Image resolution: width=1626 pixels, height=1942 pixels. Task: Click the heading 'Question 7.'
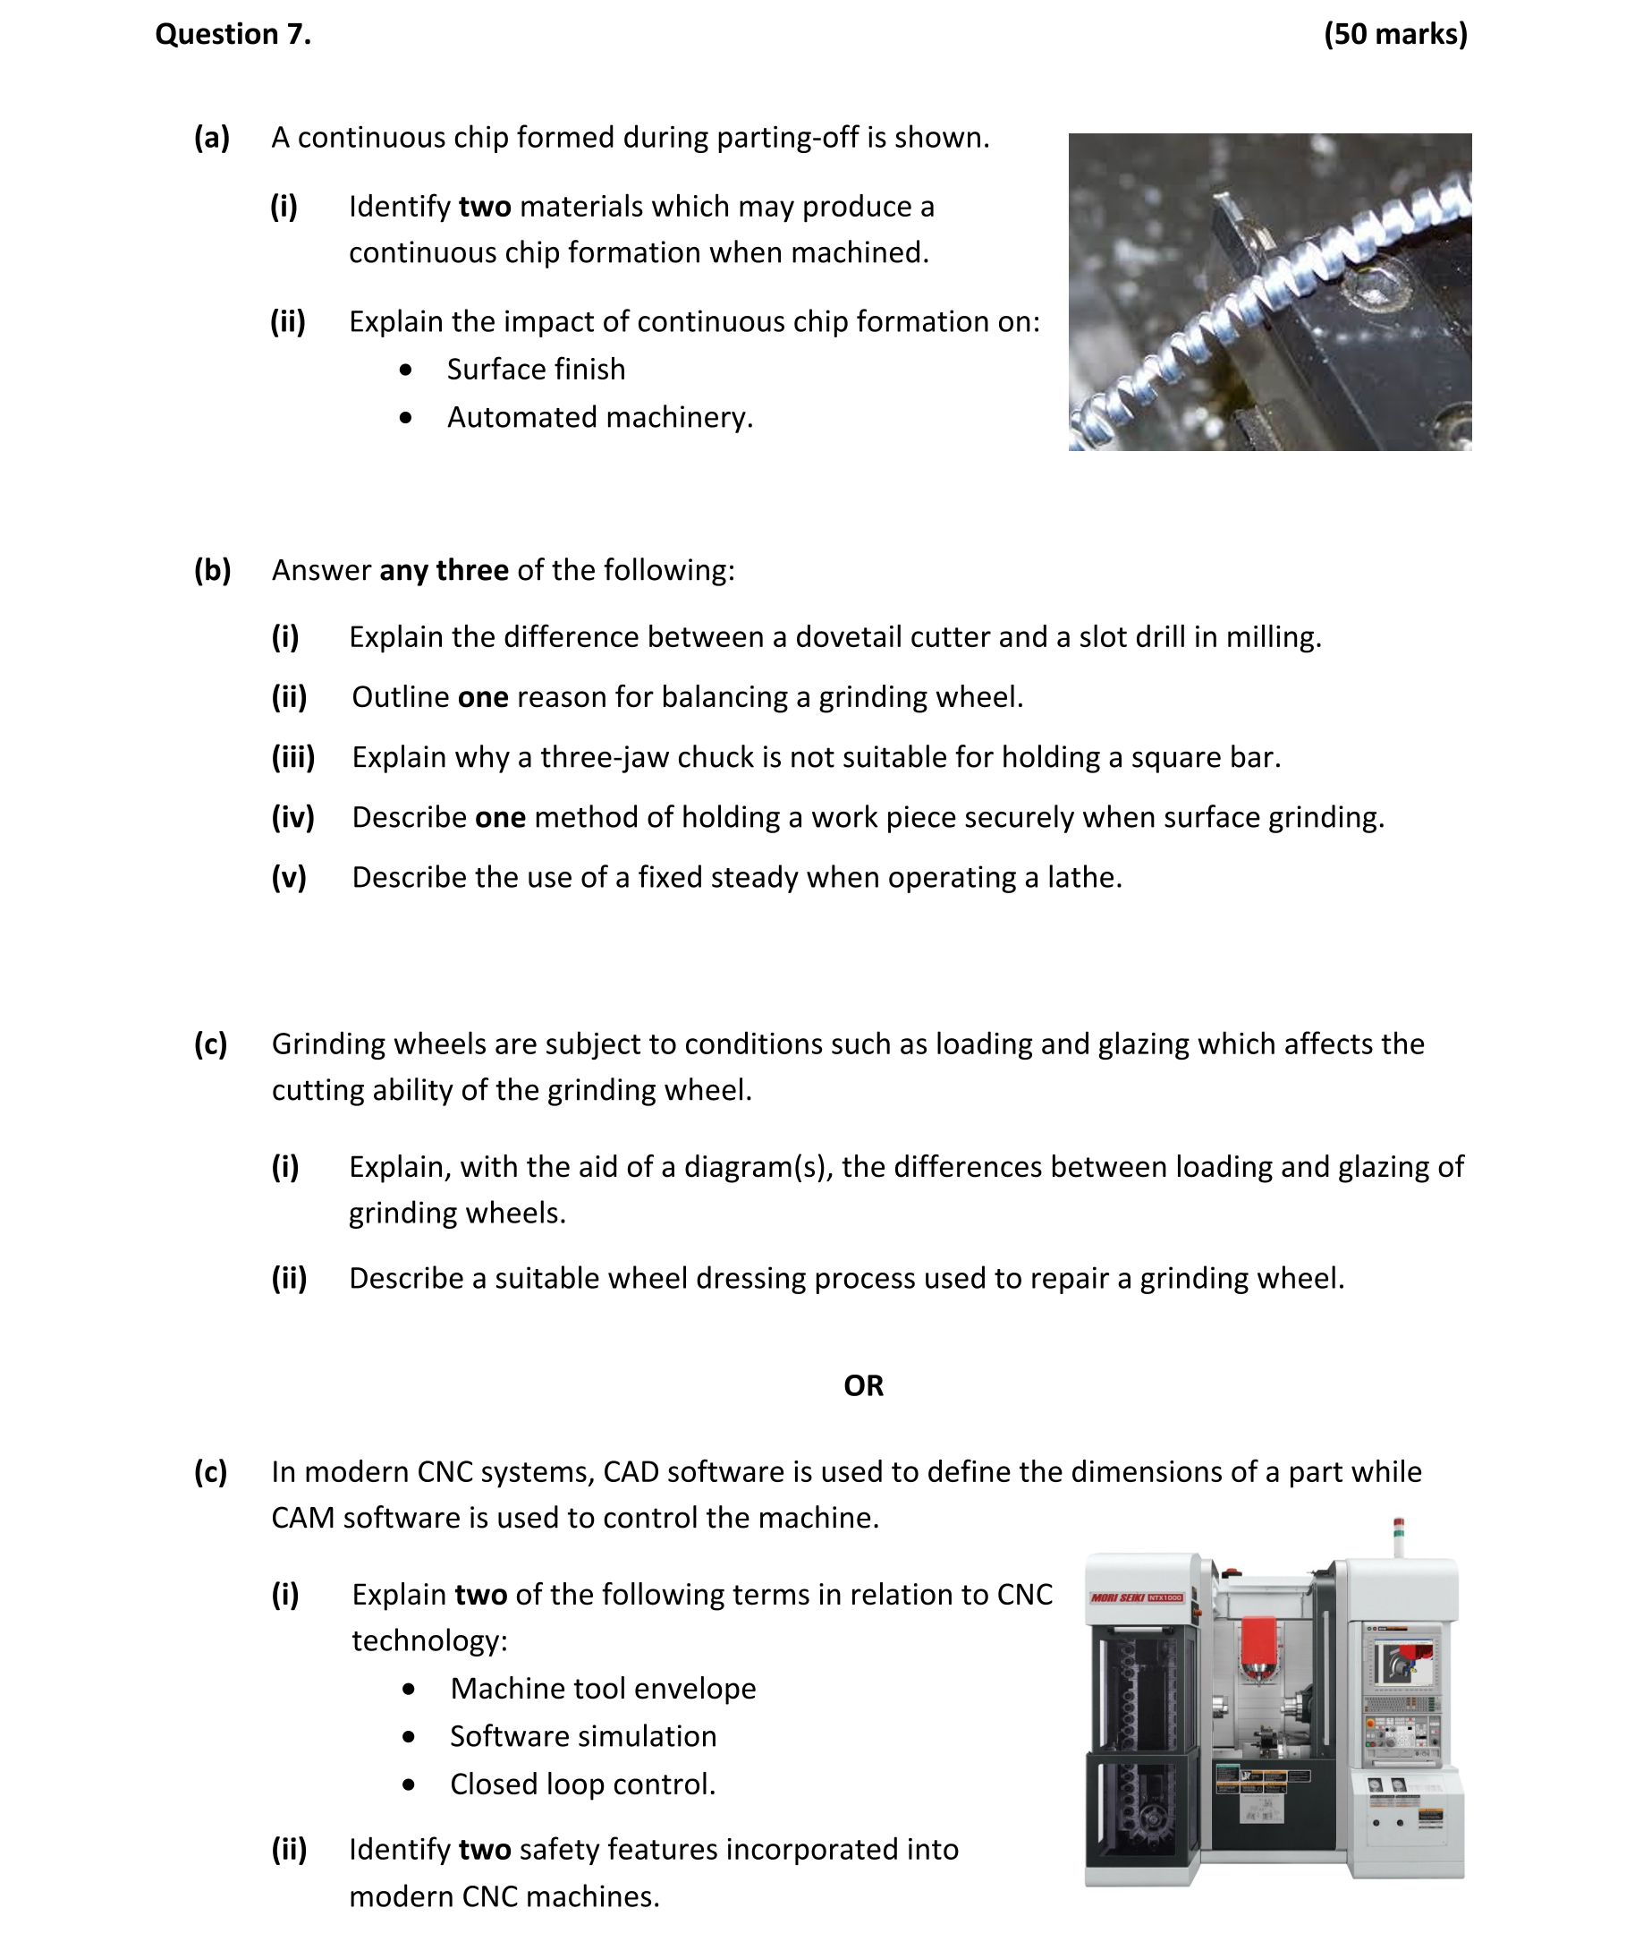tap(233, 34)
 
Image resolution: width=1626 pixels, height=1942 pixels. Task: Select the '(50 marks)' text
tap(1394, 34)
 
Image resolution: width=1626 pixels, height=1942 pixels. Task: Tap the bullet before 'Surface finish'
tap(406, 370)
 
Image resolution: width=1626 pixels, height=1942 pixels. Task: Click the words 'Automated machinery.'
tap(600, 418)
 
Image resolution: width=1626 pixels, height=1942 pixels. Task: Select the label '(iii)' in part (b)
tap(293, 757)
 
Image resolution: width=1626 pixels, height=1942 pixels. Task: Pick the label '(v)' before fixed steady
tap(288, 878)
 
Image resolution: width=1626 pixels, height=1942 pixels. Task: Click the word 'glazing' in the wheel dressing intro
tap(1143, 1044)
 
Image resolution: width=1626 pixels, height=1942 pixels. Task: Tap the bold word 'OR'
tap(863, 1386)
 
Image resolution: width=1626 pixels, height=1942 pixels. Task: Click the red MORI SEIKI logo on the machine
tap(1136, 1597)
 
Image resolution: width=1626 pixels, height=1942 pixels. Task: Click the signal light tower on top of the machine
tap(1399, 1536)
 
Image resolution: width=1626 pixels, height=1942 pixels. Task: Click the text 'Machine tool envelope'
tap(603, 1689)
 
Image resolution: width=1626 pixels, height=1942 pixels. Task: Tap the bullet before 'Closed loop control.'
tap(409, 1784)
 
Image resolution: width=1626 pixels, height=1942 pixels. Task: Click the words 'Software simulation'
tap(582, 1737)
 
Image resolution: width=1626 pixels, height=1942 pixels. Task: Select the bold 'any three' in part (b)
tap(444, 571)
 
